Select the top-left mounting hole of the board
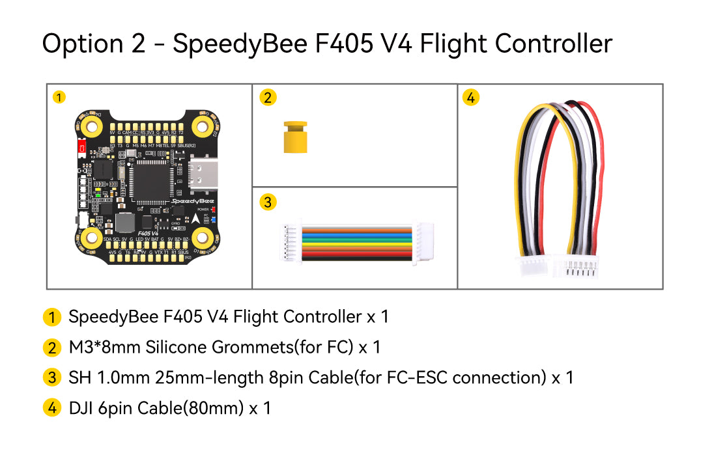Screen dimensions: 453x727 pyautogui.click(x=93, y=125)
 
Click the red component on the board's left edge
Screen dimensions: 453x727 pyautogui.click(x=81, y=148)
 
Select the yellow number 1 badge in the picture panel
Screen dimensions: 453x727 pyautogui.click(x=59, y=98)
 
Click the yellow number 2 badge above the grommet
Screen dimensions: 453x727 pyautogui.click(x=267, y=98)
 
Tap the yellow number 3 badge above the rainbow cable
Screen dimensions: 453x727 pyautogui.click(x=267, y=202)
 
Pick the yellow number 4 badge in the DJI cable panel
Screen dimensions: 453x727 pyautogui.click(x=471, y=98)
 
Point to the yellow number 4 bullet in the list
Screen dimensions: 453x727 pyautogui.click(x=52, y=409)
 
